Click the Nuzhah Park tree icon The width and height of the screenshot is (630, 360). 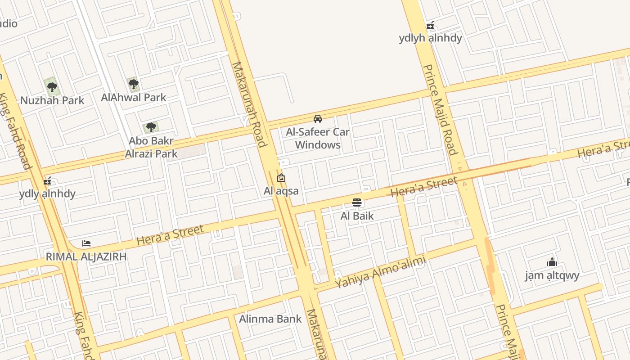tap(52, 87)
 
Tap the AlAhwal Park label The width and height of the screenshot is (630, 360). tap(134, 98)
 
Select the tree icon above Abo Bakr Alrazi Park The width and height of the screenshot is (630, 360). tap(151, 127)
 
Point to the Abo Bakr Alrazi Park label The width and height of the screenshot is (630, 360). tap(151, 147)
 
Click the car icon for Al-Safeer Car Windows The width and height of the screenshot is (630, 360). tap(318, 119)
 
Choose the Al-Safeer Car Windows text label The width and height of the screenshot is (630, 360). tap(318, 139)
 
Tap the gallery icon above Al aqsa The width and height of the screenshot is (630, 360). tap(281, 178)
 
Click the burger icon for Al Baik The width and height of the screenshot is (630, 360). tap(357, 202)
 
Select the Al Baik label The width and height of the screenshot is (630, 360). tap(357, 216)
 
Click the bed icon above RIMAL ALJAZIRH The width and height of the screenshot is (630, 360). tap(86, 243)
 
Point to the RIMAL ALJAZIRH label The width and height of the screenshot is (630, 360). tap(86, 257)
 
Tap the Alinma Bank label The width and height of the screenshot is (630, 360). tap(270, 319)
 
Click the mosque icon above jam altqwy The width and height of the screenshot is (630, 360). tap(552, 262)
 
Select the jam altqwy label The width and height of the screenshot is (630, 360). tap(552, 275)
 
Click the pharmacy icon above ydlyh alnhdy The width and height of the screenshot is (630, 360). tap(430, 25)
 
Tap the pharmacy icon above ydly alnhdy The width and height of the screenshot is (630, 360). tap(47, 181)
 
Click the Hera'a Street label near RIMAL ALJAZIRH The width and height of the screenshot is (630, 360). tap(170, 235)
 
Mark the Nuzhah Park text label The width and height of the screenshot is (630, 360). tap(52, 100)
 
